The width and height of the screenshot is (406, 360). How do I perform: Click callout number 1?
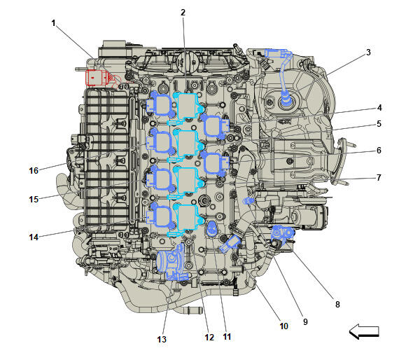click(x=53, y=23)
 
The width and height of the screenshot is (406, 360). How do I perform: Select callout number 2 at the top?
click(x=183, y=13)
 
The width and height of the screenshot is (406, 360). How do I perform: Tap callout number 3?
click(x=368, y=53)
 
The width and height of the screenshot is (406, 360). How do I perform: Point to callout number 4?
click(x=379, y=108)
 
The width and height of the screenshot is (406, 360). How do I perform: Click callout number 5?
click(x=379, y=125)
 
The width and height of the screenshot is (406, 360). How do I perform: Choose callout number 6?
click(x=379, y=151)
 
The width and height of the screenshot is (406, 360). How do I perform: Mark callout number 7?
click(x=379, y=177)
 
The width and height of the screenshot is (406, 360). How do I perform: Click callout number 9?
click(x=305, y=321)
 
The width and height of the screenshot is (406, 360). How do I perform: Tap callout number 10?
click(x=283, y=326)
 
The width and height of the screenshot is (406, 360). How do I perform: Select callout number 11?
click(x=227, y=337)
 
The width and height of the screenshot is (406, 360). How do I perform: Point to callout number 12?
click(x=209, y=338)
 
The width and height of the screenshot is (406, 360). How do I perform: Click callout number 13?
click(x=162, y=340)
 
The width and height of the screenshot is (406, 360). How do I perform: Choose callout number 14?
click(x=34, y=237)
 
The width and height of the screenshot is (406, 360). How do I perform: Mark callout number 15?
click(x=34, y=200)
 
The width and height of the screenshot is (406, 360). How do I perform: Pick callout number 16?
click(x=34, y=170)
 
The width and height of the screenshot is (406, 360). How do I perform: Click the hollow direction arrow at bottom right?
click(x=363, y=332)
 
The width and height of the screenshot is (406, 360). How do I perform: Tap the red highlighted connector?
click(x=96, y=77)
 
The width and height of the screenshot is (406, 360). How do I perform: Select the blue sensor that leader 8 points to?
click(x=284, y=235)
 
